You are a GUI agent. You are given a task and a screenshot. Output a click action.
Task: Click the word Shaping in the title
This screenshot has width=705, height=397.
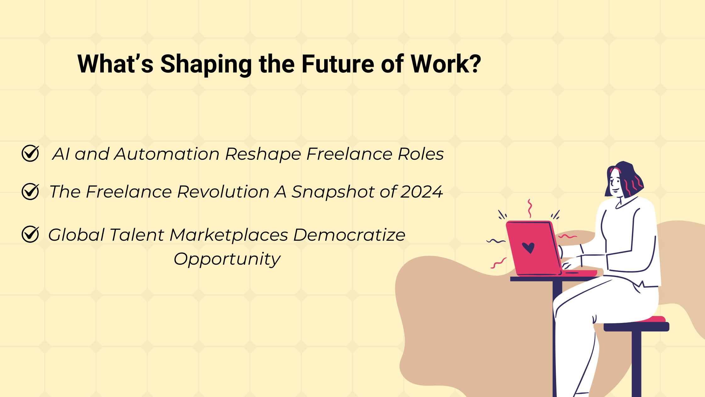click(x=206, y=65)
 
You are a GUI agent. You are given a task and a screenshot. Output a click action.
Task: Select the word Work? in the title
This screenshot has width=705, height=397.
click(x=446, y=64)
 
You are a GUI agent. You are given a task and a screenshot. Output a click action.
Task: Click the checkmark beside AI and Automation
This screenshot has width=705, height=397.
click(x=31, y=153)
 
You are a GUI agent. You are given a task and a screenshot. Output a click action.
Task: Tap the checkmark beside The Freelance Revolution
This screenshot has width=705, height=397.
click(x=31, y=191)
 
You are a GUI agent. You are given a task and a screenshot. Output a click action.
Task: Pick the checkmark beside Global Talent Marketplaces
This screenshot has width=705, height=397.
click(x=31, y=234)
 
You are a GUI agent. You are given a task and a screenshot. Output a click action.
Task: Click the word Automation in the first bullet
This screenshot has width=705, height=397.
click(x=167, y=154)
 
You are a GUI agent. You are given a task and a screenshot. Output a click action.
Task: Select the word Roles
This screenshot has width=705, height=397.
click(x=421, y=154)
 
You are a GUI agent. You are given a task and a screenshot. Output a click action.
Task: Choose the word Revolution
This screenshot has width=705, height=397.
click(x=223, y=192)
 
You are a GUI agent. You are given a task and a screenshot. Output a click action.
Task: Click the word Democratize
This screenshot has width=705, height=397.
click(x=349, y=235)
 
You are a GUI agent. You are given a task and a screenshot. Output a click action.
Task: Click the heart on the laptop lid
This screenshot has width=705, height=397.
click(x=528, y=248)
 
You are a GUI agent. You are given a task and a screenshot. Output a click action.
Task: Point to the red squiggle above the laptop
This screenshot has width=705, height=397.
click(x=530, y=208)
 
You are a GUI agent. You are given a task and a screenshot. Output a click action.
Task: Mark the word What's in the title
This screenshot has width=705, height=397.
click(x=116, y=64)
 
